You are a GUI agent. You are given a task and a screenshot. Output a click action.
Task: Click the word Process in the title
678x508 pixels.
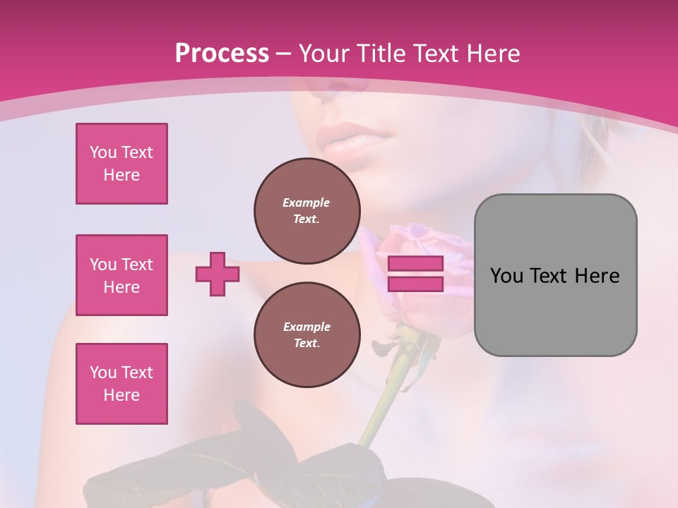tap(222, 54)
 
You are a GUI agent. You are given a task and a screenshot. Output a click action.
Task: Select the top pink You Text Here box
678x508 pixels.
tap(121, 164)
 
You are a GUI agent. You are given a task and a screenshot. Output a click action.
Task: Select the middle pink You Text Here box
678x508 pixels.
tap(121, 275)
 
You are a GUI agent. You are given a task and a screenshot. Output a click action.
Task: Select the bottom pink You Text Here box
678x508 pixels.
tap(121, 384)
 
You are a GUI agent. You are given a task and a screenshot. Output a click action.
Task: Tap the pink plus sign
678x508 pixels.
tap(218, 274)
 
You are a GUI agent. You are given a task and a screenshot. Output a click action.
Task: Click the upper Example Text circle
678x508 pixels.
tap(307, 211)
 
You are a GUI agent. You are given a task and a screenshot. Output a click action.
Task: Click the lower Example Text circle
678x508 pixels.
tap(307, 335)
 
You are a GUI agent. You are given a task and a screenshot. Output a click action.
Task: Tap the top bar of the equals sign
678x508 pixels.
tap(415, 263)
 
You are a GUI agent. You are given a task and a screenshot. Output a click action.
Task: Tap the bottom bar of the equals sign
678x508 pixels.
tap(415, 284)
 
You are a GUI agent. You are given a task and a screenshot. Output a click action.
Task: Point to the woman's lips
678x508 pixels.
tap(351, 140)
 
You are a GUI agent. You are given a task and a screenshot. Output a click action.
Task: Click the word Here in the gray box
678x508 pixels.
tap(597, 276)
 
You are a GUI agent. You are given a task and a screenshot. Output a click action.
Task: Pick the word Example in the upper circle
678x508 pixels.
tap(306, 202)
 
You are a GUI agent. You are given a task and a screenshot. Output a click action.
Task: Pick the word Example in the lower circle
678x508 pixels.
tap(307, 327)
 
